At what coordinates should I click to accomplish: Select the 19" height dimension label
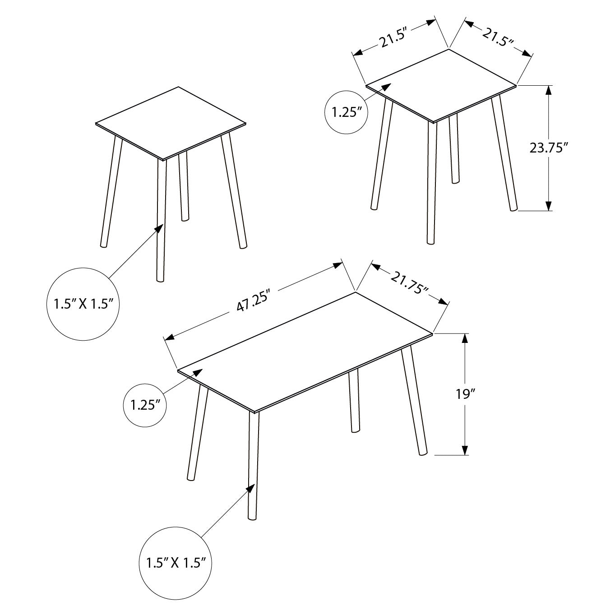pyautogui.click(x=466, y=394)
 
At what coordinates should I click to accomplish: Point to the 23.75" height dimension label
pyautogui.click(x=548, y=148)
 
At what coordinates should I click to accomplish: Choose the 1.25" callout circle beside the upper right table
pyautogui.click(x=347, y=112)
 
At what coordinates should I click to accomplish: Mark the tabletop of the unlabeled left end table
pyautogui.click(x=171, y=122)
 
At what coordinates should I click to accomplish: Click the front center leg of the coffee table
pyautogui.click(x=254, y=465)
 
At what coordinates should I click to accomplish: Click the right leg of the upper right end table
pyautogui.click(x=504, y=153)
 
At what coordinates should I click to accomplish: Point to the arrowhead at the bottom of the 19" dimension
pyautogui.click(x=465, y=450)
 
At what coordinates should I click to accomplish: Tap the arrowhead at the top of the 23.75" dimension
pyautogui.click(x=548, y=90)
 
